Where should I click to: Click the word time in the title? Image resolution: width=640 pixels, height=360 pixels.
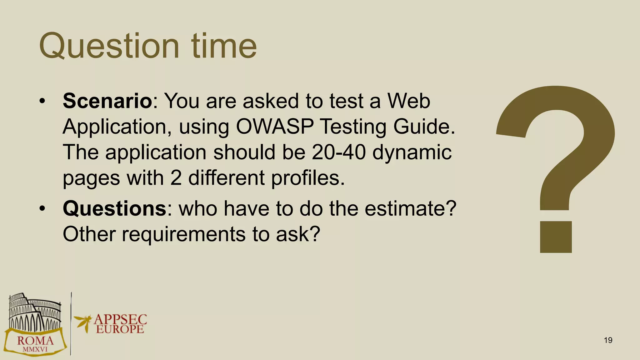click(224, 46)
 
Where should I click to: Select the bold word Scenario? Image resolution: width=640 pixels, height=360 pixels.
click(107, 101)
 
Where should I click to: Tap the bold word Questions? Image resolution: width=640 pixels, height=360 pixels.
click(114, 208)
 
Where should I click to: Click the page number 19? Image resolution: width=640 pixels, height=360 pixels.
click(608, 340)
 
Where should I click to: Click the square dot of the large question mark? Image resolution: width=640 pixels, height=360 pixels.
click(556, 237)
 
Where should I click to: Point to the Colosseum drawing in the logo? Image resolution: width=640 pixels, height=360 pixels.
click(34, 312)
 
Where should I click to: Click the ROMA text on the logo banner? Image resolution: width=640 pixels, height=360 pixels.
click(35, 340)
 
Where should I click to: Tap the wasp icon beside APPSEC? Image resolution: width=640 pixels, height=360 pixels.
click(83, 322)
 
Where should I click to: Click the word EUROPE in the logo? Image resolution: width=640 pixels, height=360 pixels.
click(120, 329)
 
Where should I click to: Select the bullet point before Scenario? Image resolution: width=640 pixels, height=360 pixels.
click(42, 101)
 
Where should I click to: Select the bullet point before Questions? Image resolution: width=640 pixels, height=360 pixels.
click(42, 209)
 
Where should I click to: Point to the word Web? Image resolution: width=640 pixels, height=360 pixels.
click(409, 101)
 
